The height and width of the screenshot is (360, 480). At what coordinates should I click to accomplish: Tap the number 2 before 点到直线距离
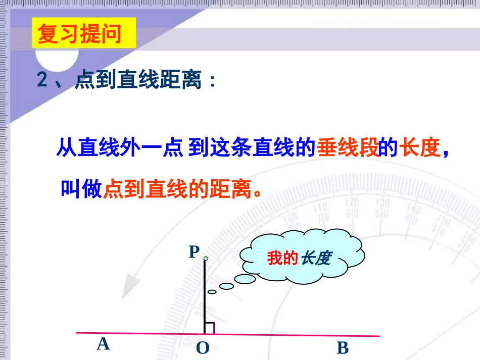coord(42,81)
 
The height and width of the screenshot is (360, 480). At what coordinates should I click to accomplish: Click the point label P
coord(194,251)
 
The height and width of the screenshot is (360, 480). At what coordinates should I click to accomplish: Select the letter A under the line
coord(103,344)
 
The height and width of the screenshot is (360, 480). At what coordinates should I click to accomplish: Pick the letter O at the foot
coord(202,348)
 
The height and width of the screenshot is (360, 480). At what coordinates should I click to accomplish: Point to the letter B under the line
coord(343,348)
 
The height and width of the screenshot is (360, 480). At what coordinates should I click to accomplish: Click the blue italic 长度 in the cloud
coord(316,259)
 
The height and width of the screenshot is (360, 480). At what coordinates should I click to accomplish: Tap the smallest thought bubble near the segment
coord(212,292)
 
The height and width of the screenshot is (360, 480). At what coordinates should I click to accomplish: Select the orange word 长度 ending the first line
coord(419,148)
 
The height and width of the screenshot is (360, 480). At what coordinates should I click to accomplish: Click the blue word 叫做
coord(81,189)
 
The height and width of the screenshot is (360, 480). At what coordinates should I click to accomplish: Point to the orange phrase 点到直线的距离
coord(177,189)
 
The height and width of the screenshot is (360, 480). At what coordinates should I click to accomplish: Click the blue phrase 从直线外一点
coord(119,148)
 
